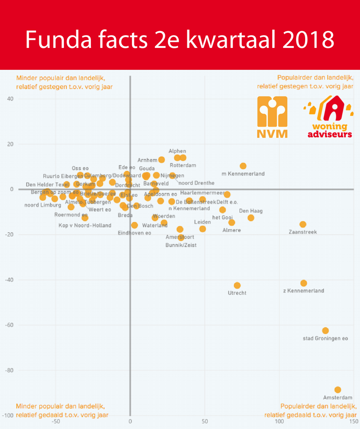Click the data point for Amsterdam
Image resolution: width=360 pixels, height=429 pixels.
(338, 390)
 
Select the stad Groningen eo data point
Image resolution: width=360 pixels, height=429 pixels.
(325, 330)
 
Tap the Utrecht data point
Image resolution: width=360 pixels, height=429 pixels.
(237, 286)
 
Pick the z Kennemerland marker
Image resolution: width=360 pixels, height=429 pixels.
(304, 283)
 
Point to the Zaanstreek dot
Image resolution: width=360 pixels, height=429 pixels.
(303, 225)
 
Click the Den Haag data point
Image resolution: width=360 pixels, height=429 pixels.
(251, 218)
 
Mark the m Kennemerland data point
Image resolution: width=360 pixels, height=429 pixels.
(243, 166)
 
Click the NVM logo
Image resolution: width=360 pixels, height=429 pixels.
(273, 117)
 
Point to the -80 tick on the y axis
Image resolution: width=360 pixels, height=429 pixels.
(8, 370)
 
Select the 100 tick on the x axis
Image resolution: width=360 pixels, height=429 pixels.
(279, 422)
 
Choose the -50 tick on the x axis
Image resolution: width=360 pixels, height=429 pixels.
(56, 422)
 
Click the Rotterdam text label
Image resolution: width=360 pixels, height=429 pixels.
(183, 165)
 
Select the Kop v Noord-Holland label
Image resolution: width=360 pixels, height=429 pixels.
(85, 225)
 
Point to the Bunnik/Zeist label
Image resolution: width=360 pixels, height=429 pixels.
(181, 245)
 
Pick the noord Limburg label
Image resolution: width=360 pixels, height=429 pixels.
(43, 205)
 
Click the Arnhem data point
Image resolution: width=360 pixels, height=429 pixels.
(161, 160)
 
